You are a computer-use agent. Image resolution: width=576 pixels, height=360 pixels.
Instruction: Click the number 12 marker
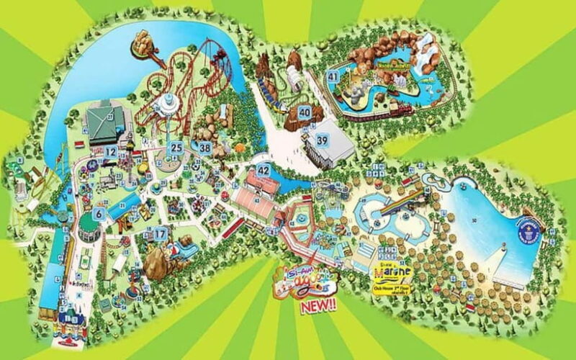tap(110, 152)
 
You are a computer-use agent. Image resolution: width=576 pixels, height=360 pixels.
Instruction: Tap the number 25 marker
tap(176, 148)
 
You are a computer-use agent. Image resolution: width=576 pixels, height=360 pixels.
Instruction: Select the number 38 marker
tap(205, 148)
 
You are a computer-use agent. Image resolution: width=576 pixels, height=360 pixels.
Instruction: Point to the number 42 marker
tap(264, 171)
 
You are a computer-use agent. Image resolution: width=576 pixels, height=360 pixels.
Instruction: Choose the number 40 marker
tap(305, 112)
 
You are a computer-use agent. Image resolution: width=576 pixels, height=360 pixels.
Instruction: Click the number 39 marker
tap(323, 141)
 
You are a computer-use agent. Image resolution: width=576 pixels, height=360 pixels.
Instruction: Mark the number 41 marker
tap(333, 76)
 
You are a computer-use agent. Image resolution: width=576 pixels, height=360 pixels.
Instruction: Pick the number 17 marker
tap(160, 233)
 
